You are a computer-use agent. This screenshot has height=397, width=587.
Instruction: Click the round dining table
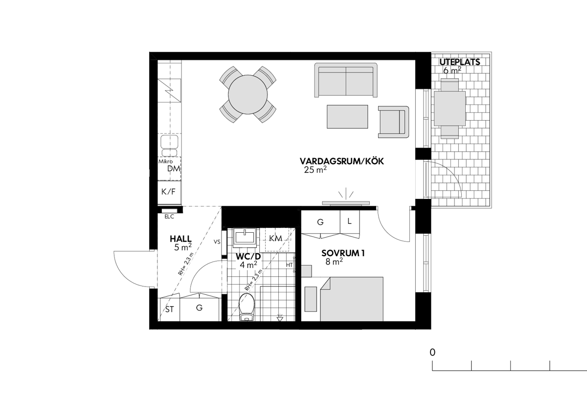pyautogui.click(x=248, y=94)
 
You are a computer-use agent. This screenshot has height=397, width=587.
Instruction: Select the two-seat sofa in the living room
pyautogui.click(x=346, y=80)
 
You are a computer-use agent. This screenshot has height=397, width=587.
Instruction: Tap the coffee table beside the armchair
pyautogui.click(x=347, y=117)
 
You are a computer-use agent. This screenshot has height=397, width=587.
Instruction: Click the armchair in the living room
pyautogui.click(x=393, y=122)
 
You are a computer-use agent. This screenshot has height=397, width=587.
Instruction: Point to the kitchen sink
pyautogui.click(x=169, y=145)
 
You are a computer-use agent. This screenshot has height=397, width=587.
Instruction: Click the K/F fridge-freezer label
pyautogui.click(x=168, y=192)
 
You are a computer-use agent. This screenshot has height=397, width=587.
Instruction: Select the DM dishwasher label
pyautogui.click(x=174, y=169)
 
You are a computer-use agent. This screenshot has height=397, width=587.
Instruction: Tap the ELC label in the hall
pyautogui.click(x=169, y=217)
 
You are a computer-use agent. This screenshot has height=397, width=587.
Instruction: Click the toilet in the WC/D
pyautogui.click(x=247, y=307)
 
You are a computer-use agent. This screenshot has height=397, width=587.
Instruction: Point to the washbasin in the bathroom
pyautogui.click(x=245, y=238)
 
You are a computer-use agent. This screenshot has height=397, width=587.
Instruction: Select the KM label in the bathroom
pyautogui.click(x=276, y=238)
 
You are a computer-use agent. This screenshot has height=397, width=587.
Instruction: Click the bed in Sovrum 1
pyautogui.click(x=351, y=299)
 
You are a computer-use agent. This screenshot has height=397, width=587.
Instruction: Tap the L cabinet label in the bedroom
pyautogui.click(x=349, y=221)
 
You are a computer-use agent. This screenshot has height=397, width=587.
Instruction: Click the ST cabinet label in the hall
pyautogui.click(x=170, y=309)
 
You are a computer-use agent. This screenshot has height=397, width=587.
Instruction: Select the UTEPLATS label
pyautogui.click(x=460, y=62)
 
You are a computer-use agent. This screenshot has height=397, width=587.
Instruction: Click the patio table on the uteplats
pyautogui.click(x=450, y=109)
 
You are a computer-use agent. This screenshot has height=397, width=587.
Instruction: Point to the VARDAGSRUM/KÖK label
pyautogui.click(x=342, y=161)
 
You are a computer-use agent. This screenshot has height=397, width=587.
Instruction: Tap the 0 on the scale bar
pyautogui.click(x=432, y=352)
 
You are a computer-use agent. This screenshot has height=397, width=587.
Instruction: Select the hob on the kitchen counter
pyautogui.click(x=169, y=90)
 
